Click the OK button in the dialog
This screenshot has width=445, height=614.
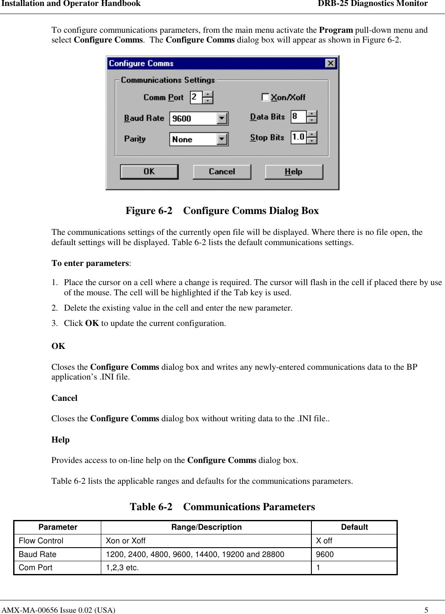[x=149, y=171]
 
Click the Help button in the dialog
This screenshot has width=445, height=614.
[x=294, y=171]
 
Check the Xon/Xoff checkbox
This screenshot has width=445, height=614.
[x=265, y=97]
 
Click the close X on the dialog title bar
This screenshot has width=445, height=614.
[x=330, y=63]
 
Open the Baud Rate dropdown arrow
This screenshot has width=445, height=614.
[x=222, y=118]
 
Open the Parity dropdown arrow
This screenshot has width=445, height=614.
[x=222, y=139]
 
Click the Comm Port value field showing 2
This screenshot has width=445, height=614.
[x=196, y=97]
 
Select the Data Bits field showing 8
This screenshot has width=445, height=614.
[x=298, y=116]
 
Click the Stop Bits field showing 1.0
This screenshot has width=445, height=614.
[x=298, y=137]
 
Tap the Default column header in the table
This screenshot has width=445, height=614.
[x=354, y=527]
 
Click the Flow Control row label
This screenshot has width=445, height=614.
[x=41, y=541]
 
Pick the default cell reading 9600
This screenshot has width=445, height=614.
[x=325, y=554]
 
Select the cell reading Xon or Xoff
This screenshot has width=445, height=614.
[x=126, y=541]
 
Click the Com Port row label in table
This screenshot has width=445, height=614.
[x=36, y=568]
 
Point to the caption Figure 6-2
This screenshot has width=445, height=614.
[x=149, y=211]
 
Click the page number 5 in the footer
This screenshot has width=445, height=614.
[x=426, y=610]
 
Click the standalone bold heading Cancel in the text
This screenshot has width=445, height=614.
[x=64, y=398]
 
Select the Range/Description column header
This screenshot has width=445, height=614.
[x=206, y=527]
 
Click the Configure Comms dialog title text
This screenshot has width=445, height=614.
[x=141, y=63]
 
